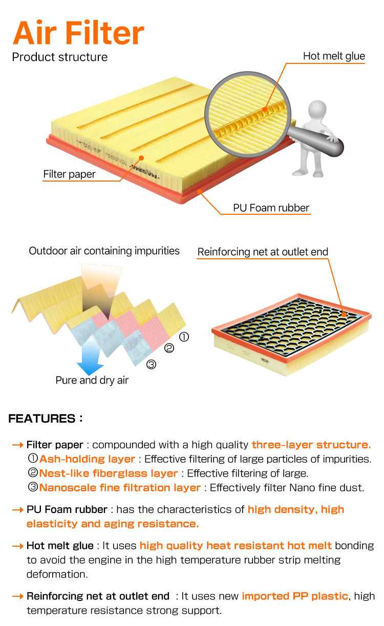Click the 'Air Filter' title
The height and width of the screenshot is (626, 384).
[78, 32]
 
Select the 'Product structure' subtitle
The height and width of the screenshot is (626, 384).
[59, 57]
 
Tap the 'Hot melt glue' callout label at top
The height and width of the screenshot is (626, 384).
[334, 56]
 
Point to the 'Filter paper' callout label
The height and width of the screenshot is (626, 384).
[69, 174]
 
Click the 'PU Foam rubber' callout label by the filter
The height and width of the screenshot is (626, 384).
[271, 208]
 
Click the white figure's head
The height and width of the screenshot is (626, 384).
[317, 110]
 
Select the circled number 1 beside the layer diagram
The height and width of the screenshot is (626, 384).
[184, 337]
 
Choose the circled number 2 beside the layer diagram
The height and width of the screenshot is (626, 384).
[169, 348]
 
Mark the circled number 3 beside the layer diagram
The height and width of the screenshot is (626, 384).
[152, 365]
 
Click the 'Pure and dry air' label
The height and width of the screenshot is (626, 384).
[92, 381]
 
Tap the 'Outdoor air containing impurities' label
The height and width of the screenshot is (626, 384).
[104, 251]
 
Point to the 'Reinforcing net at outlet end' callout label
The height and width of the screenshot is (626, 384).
[263, 252]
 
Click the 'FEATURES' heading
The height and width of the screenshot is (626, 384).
[45, 419]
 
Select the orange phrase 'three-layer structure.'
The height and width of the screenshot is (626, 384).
[311, 444]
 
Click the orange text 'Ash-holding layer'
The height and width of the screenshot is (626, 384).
[87, 459]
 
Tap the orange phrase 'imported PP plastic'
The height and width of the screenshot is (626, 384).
[295, 596]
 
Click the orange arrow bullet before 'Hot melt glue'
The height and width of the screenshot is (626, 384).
[18, 546]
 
